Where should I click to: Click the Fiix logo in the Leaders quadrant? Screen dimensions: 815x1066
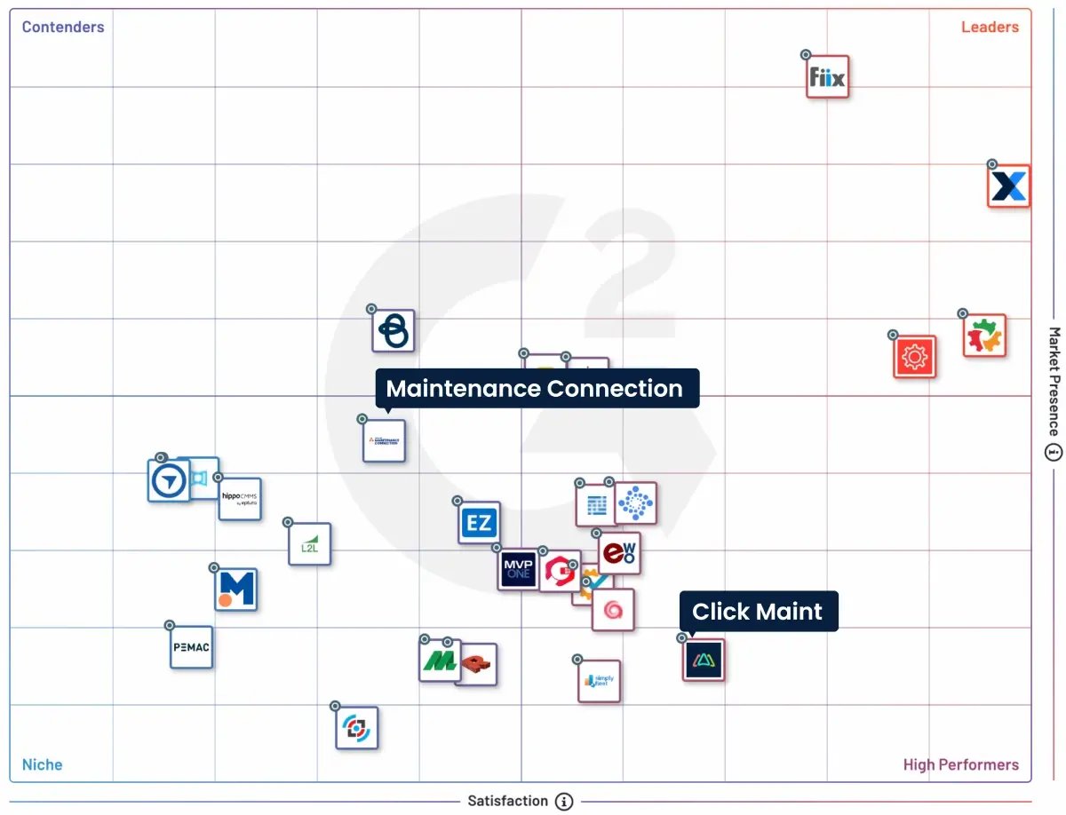pos(828,77)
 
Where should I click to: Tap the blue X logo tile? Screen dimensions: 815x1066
pos(1008,186)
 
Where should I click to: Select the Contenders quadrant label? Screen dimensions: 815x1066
pos(63,27)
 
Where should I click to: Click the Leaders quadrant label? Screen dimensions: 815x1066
pos(990,27)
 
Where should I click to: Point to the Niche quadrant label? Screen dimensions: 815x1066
pos(43,764)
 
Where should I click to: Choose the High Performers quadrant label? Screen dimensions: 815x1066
pos(960,764)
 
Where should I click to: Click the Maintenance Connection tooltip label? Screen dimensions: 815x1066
pos(535,389)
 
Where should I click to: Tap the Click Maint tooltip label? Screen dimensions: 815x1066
pos(758,612)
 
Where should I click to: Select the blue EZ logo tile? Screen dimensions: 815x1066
pos(480,523)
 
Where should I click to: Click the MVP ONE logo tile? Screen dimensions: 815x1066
pos(518,569)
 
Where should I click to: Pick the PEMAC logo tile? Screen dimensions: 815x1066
pos(191,647)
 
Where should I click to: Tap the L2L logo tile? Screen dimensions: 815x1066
pos(309,544)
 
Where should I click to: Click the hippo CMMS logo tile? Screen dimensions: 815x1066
pos(240,499)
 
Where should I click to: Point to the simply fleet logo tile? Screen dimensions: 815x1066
pos(599,681)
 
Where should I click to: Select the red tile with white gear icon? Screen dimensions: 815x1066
pos(914,357)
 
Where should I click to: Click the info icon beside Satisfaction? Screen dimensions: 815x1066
pos(564,801)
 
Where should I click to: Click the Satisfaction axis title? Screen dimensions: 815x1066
pos(508,801)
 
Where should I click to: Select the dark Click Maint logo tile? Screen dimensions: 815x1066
pos(704,660)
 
